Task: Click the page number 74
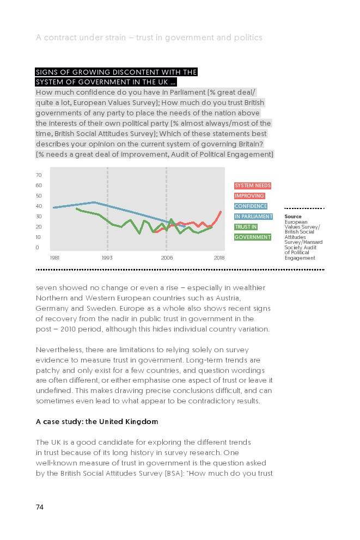pyautogui.click(x=40, y=507)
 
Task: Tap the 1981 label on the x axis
pyautogui.click(x=54, y=257)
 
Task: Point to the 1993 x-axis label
pyautogui.click(x=107, y=257)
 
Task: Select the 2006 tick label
pyautogui.click(x=167, y=257)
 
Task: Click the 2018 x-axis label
pyautogui.click(x=219, y=257)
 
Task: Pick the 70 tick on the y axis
pyautogui.click(x=39, y=175)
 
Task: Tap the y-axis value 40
pyautogui.click(x=39, y=206)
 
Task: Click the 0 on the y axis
pyautogui.click(x=38, y=248)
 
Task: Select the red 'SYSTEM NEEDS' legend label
pyautogui.click(x=253, y=186)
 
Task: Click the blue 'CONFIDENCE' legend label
pyautogui.click(x=251, y=206)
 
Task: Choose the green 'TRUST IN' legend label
pyautogui.click(x=246, y=227)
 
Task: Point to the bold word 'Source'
pyautogui.click(x=292, y=217)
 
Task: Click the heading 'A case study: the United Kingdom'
pyautogui.click(x=97, y=421)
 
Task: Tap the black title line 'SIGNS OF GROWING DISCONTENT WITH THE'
pyautogui.click(x=116, y=72)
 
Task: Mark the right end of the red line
pyautogui.click(x=221, y=211)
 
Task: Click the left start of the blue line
pyautogui.click(x=53, y=207)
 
